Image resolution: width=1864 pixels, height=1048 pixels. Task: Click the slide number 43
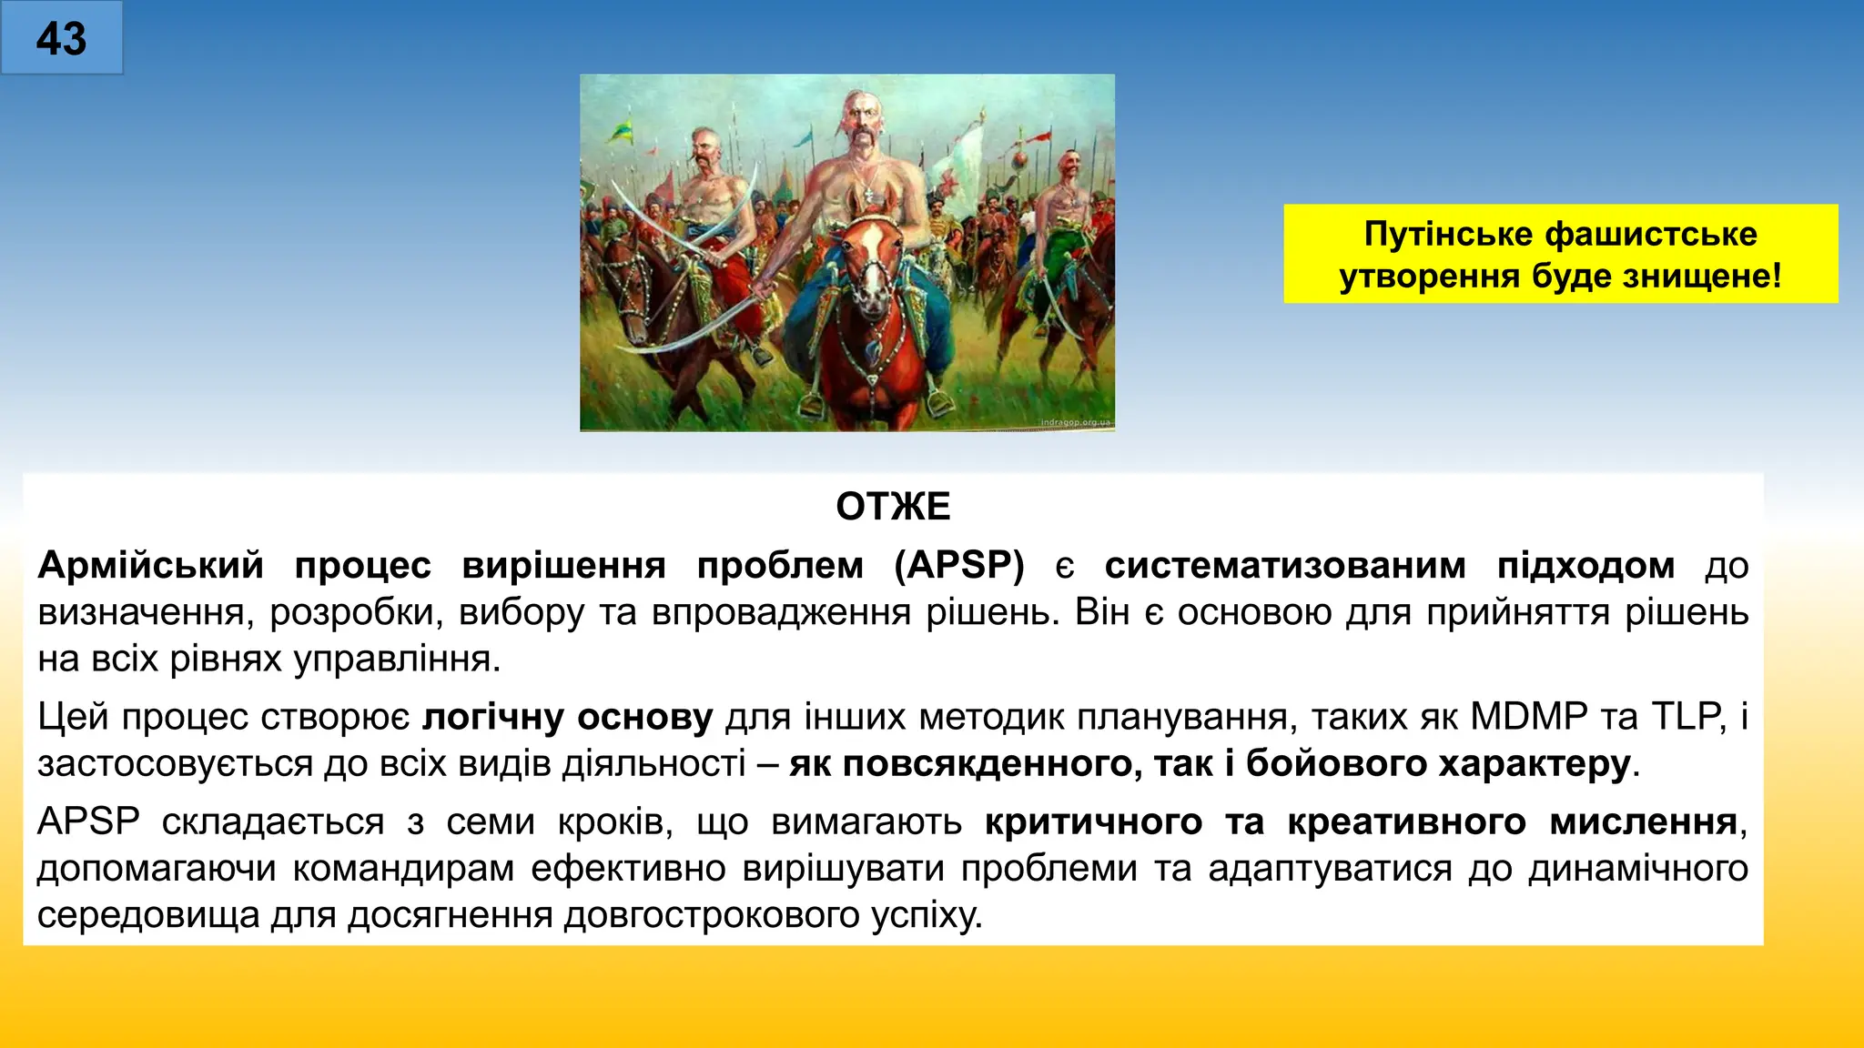pyautogui.click(x=61, y=39)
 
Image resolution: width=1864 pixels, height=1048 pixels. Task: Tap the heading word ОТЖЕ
pyautogui.click(x=893, y=507)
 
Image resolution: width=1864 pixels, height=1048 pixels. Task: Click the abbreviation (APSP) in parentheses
pyautogui.click(x=959, y=565)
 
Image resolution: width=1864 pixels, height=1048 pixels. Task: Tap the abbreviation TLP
pyautogui.click(x=1688, y=717)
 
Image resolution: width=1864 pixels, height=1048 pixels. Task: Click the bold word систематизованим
pyautogui.click(x=1285, y=565)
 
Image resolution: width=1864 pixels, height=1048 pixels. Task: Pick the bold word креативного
pyautogui.click(x=1406, y=821)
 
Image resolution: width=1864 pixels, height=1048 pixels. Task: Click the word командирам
pyautogui.click(x=403, y=869)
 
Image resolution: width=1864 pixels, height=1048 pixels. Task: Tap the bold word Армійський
pyautogui.click(x=150, y=565)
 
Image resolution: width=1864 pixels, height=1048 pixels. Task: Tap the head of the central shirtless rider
pyautogui.click(x=860, y=118)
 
